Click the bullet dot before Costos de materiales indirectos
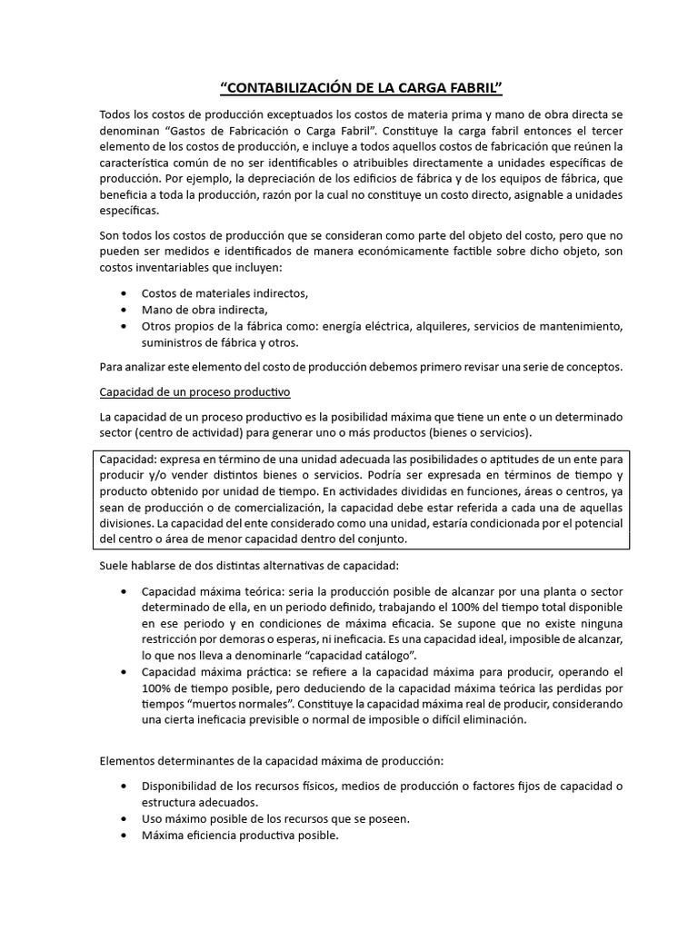[124, 293]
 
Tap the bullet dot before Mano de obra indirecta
[124, 310]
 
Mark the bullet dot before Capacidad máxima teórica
[124, 591]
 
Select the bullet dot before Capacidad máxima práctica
[124, 672]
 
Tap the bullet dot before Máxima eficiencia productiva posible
[124, 835]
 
